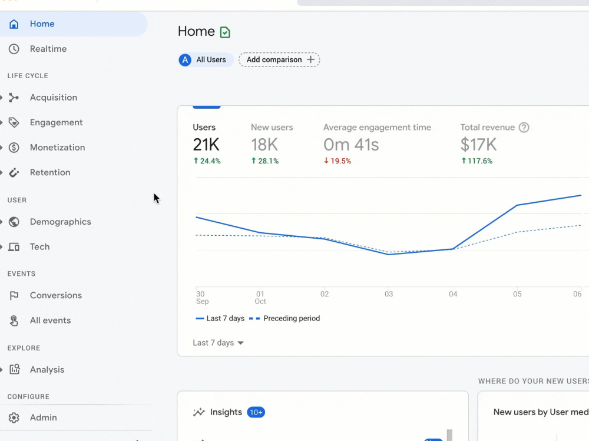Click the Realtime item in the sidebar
click(x=48, y=49)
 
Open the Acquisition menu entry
click(x=54, y=98)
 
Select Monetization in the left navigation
click(x=57, y=148)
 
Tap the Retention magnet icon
click(x=14, y=172)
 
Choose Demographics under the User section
click(x=60, y=222)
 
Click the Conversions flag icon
click(x=14, y=296)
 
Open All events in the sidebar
click(x=50, y=320)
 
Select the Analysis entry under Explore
click(x=47, y=370)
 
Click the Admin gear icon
click(x=14, y=417)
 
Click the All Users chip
click(x=206, y=59)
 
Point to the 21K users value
click(x=206, y=145)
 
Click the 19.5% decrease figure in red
click(x=340, y=161)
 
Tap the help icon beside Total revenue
click(x=524, y=128)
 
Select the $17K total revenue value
click(x=478, y=145)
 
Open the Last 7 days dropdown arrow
click(x=241, y=343)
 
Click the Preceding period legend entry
click(x=284, y=318)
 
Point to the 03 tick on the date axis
click(x=389, y=294)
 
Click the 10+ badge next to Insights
click(x=256, y=413)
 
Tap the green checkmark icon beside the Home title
click(x=225, y=32)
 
